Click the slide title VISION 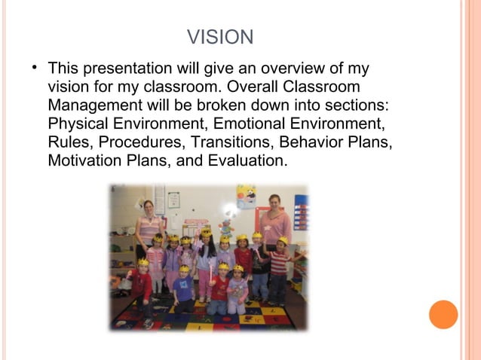219,37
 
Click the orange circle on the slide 443,314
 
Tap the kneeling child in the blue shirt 183,290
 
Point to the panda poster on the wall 246,196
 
